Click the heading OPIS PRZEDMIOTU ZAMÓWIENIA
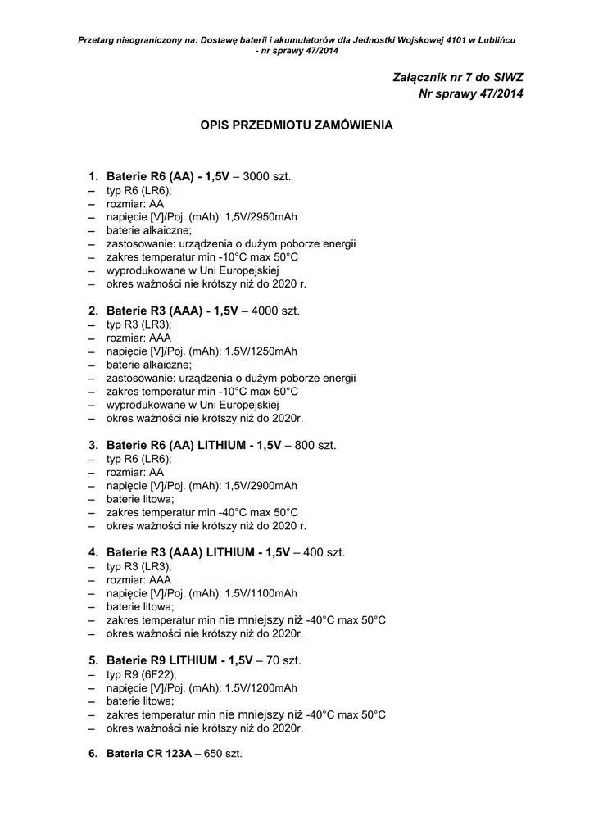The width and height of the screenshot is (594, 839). click(x=297, y=126)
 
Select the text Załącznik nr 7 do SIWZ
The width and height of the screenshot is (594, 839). click(x=458, y=76)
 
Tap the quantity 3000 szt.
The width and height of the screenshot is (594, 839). click(x=267, y=176)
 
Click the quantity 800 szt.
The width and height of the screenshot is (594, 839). click(x=315, y=445)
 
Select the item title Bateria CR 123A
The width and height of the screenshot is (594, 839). click(x=147, y=753)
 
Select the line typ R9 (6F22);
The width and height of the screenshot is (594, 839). click(x=141, y=674)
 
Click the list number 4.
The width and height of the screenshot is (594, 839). click(x=93, y=552)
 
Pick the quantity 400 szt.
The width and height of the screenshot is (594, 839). click(x=324, y=552)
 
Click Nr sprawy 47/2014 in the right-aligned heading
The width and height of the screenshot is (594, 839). click(x=470, y=93)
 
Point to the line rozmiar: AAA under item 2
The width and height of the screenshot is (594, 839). click(x=138, y=338)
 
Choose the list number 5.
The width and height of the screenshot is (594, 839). click(x=93, y=660)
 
